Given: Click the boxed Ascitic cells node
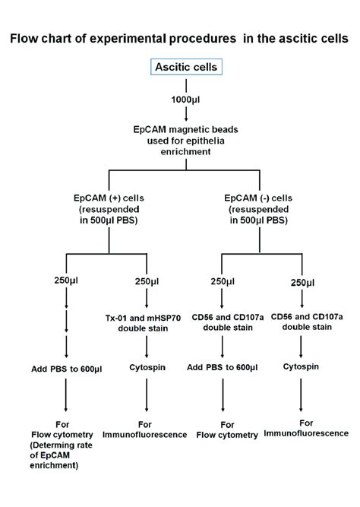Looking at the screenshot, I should click(x=185, y=68).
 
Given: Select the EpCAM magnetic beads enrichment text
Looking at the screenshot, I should click(x=186, y=141).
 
